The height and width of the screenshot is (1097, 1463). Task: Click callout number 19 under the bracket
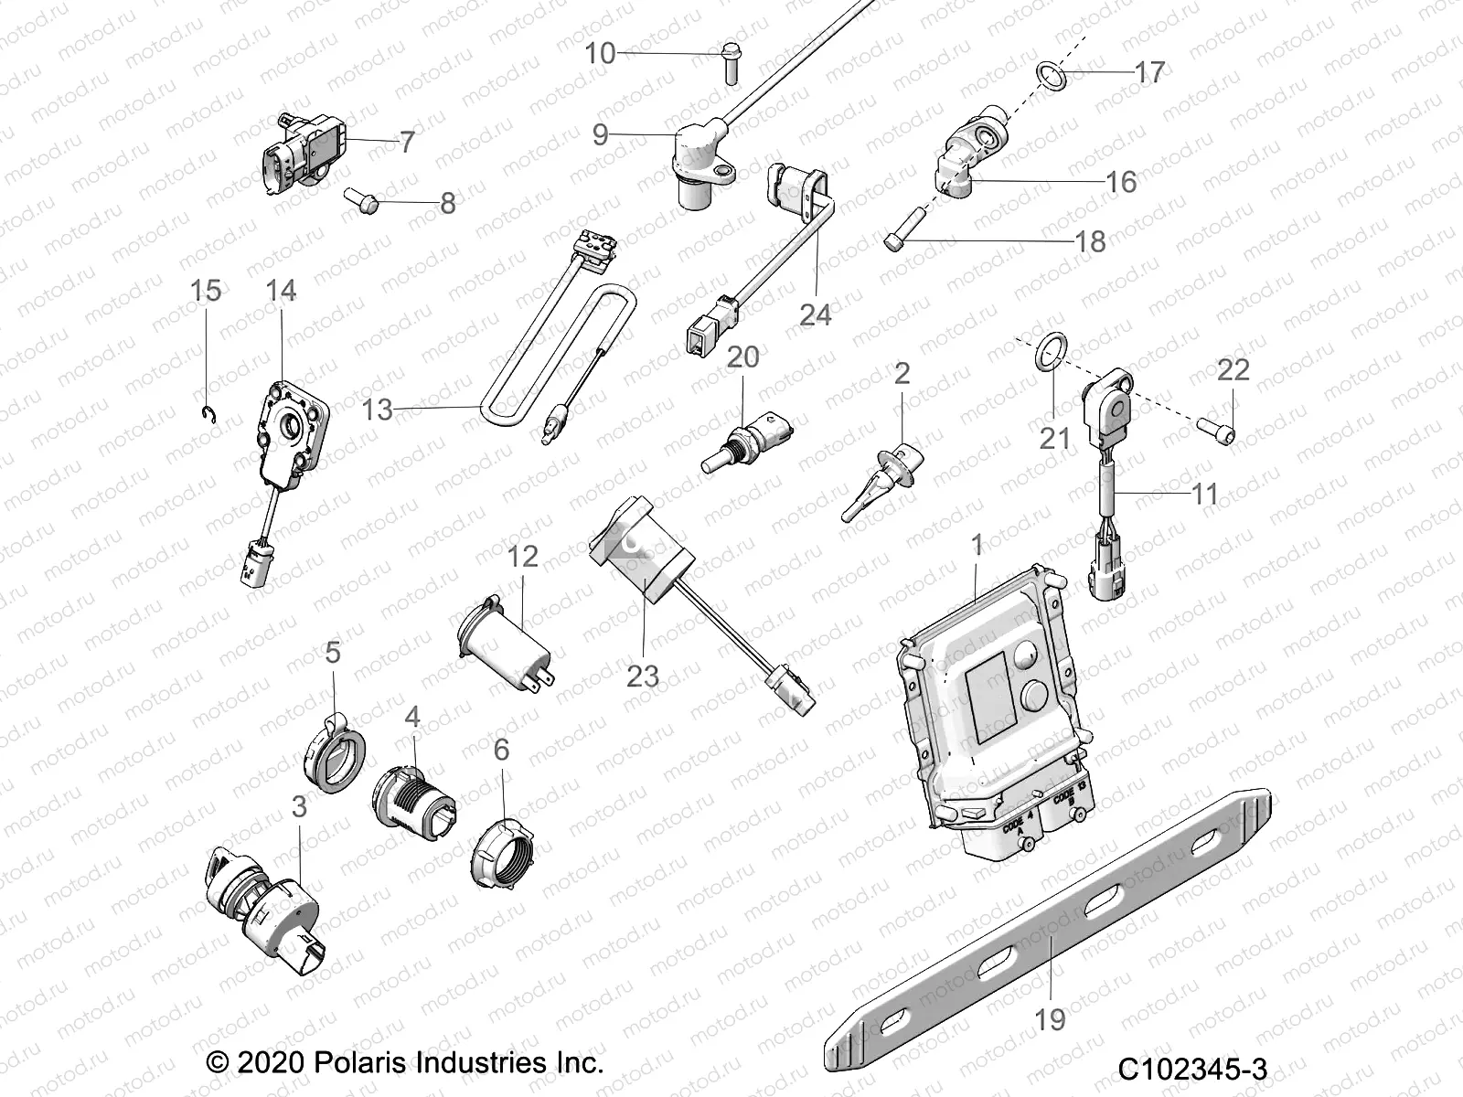click(1050, 1018)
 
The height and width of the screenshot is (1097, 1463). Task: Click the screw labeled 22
click(1215, 427)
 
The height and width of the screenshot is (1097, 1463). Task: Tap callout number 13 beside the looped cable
click(377, 410)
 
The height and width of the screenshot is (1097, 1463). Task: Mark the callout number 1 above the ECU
click(977, 546)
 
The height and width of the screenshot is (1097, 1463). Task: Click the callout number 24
click(815, 315)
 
